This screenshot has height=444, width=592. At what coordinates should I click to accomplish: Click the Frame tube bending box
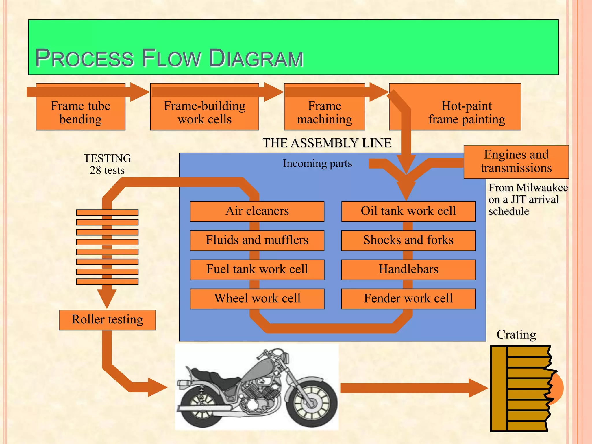(80, 113)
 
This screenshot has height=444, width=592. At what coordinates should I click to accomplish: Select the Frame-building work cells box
(204, 113)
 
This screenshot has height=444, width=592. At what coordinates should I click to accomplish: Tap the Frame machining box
(324, 113)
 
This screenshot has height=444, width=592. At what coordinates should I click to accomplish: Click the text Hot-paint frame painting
(466, 113)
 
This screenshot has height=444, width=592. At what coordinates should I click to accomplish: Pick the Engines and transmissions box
(516, 162)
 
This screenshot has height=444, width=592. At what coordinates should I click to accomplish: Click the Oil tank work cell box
(408, 211)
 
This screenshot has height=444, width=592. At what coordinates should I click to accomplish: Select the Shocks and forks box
(408, 240)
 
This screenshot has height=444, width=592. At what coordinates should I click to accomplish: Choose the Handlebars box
(408, 269)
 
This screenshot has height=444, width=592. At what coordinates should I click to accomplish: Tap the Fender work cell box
(408, 299)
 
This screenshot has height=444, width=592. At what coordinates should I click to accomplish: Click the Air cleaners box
(257, 211)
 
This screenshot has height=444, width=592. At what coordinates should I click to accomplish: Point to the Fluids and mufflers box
(257, 240)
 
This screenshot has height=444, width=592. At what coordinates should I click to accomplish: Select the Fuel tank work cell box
(257, 269)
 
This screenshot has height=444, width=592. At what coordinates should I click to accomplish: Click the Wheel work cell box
(257, 299)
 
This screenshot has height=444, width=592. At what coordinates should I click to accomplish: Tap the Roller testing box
(107, 320)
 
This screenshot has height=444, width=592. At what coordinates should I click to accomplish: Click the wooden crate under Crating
(520, 389)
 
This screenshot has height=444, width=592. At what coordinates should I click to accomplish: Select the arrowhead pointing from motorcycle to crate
(478, 388)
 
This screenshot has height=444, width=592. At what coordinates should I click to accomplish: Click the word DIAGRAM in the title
(256, 58)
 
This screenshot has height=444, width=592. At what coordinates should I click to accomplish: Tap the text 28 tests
(107, 170)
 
